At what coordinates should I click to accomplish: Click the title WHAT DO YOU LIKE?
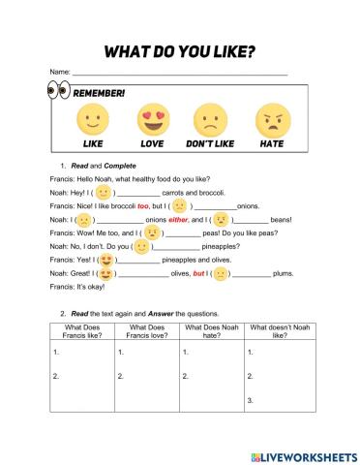180,50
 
